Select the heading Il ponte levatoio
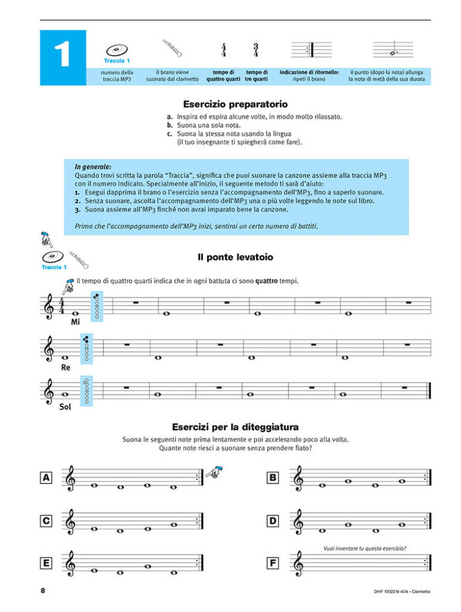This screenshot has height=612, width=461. [x=235, y=257]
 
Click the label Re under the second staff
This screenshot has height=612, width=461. [x=66, y=367]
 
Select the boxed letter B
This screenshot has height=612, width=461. [x=272, y=477]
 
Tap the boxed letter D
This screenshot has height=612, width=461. [x=272, y=521]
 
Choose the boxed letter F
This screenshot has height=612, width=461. [x=272, y=563]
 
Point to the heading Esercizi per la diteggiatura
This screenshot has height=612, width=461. [x=235, y=427]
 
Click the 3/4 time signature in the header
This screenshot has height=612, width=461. [x=256, y=50]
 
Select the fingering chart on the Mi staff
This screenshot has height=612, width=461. [x=96, y=305]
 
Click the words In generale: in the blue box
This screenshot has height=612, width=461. [x=93, y=167]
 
